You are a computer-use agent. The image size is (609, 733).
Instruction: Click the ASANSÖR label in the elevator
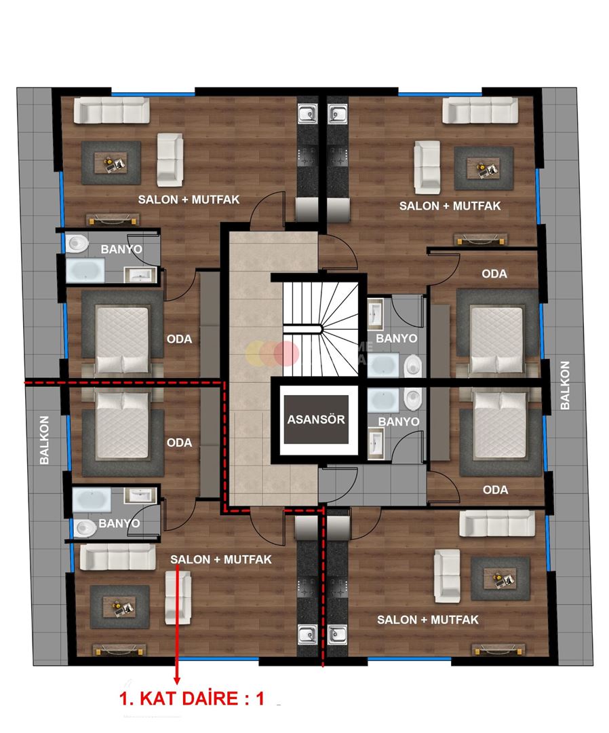[316, 419]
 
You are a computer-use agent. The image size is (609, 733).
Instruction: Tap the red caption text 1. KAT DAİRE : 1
[192, 700]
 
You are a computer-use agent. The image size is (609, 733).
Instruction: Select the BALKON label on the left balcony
[45, 440]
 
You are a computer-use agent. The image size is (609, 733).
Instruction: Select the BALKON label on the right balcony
[565, 385]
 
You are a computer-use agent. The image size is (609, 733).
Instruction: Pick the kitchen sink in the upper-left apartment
[307, 113]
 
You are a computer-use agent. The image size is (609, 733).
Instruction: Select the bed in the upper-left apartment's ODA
[122, 339]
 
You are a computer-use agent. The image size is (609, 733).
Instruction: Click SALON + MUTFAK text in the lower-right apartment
[427, 620]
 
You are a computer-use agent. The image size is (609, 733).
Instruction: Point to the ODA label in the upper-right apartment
[494, 274]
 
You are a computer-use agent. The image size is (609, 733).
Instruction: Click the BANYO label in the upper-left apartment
[121, 249]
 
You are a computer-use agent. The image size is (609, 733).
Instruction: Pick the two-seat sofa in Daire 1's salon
[181, 597]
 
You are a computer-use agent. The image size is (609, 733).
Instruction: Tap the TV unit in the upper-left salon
[112, 219]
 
